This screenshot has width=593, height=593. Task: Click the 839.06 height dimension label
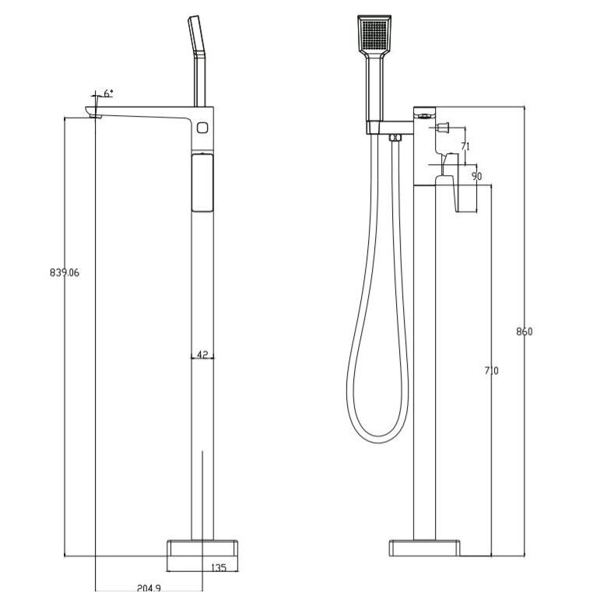(65, 272)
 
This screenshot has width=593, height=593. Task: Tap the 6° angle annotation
(108, 93)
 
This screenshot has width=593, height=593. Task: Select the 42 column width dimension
(202, 355)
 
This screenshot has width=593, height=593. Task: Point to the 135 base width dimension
(219, 567)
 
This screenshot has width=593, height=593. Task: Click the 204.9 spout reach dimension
(149, 588)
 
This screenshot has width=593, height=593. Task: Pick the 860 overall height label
(525, 332)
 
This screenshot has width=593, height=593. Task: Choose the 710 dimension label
(492, 371)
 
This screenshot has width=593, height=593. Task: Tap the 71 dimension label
(465, 146)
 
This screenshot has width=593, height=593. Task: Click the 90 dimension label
(477, 176)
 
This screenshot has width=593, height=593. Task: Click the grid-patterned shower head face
(374, 34)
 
